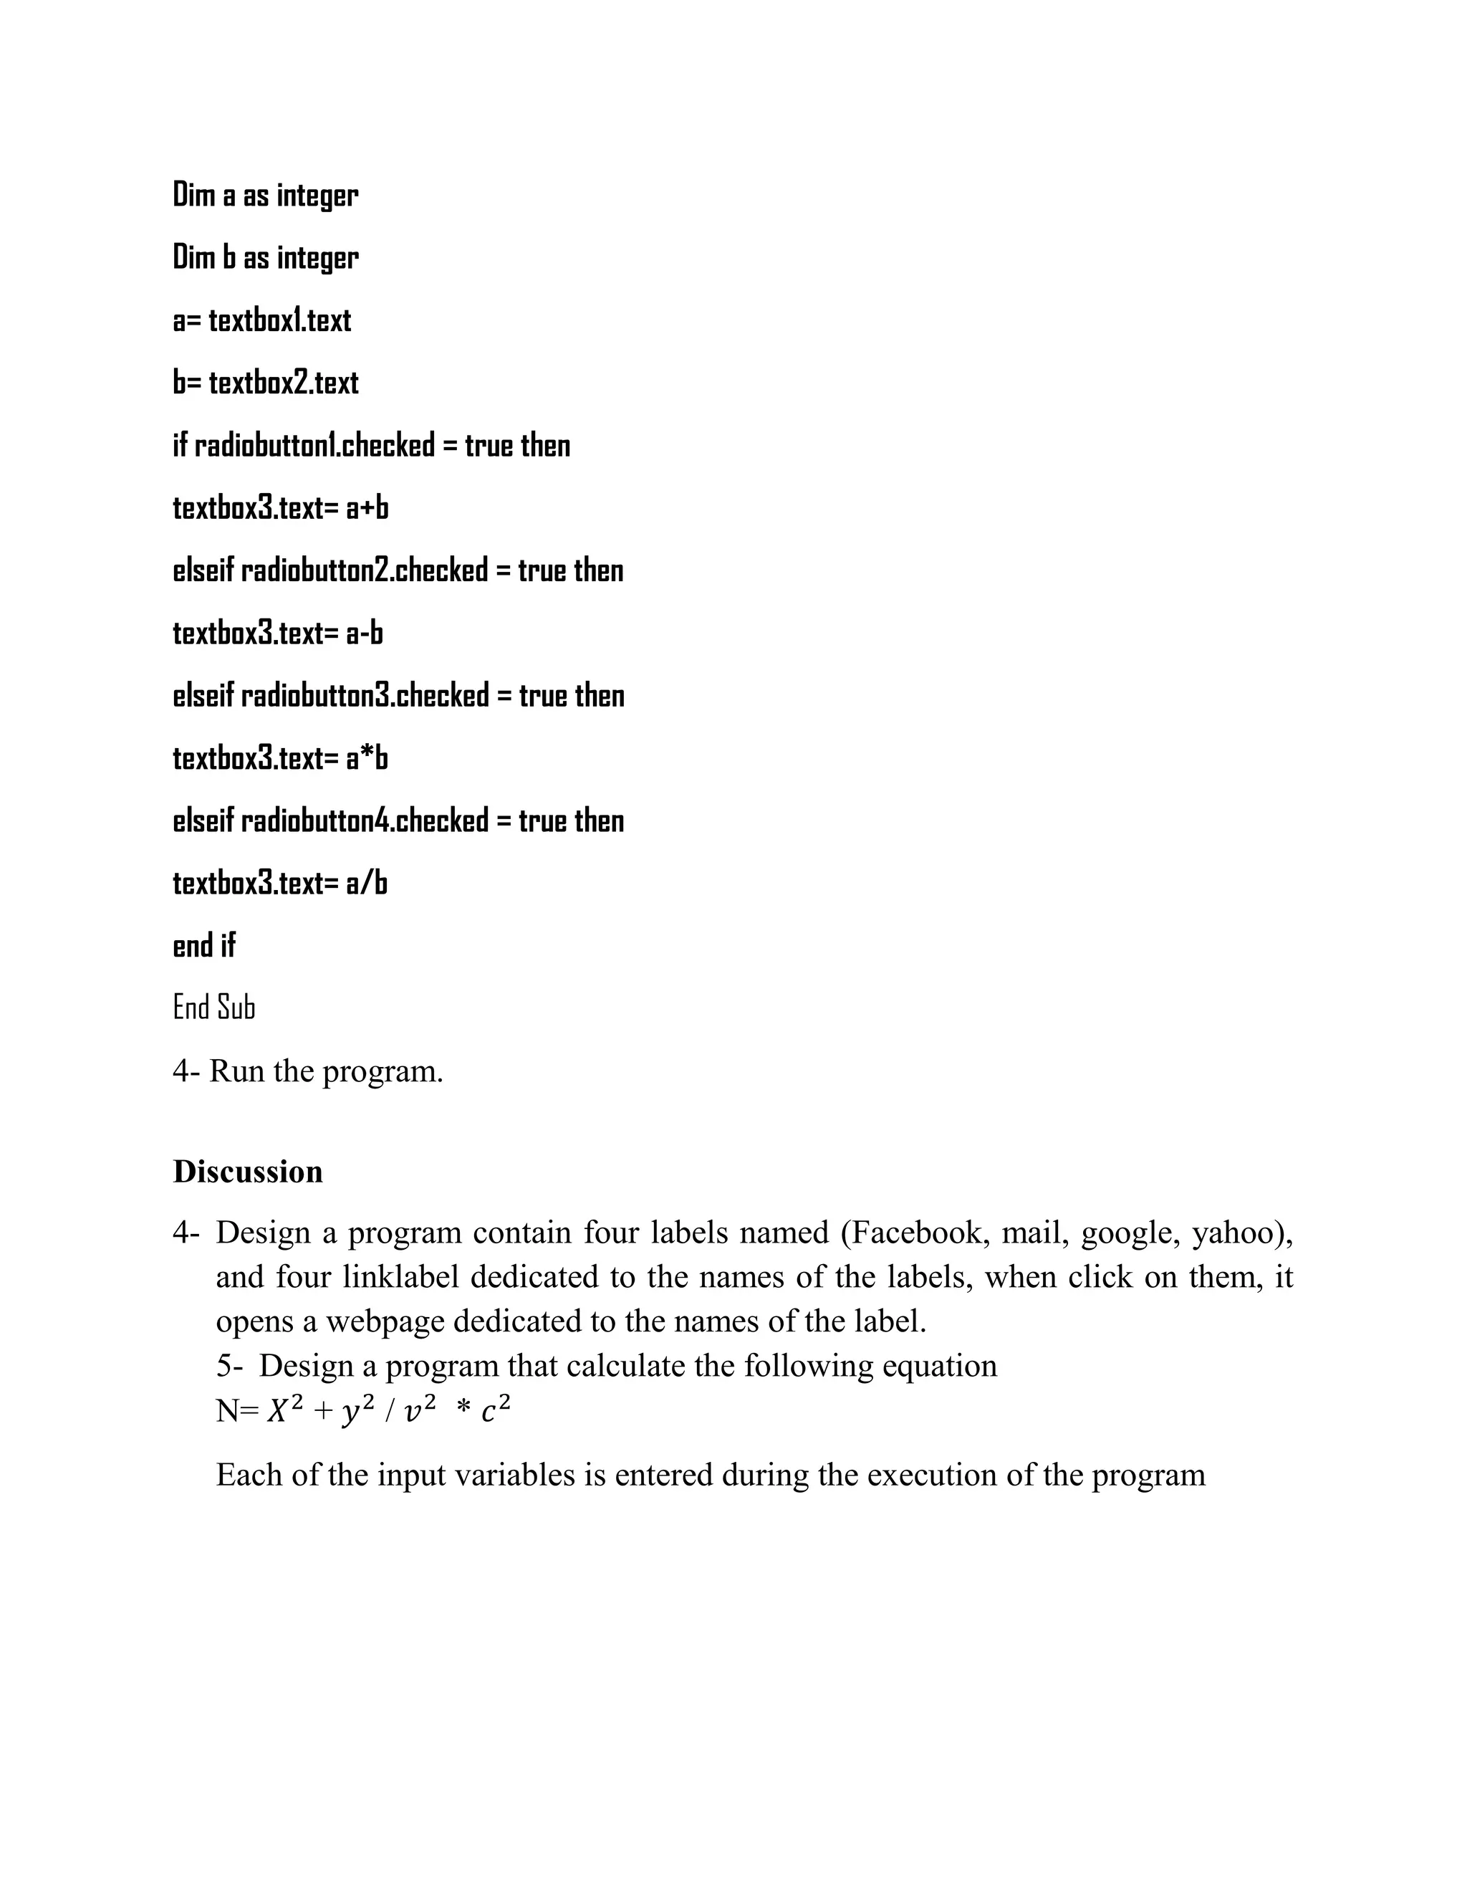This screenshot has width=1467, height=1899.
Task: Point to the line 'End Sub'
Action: tap(213, 1008)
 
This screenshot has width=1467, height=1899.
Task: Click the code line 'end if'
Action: tap(204, 945)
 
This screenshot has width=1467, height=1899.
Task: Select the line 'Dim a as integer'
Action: tap(265, 195)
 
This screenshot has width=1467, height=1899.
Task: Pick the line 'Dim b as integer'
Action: tap(265, 257)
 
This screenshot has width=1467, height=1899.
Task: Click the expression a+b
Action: tap(367, 508)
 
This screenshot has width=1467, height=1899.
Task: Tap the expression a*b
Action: tap(367, 758)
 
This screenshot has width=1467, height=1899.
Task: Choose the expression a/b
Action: tap(367, 884)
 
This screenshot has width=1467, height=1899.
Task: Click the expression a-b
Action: tap(364, 633)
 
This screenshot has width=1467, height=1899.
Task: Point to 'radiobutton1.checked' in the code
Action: tap(314, 445)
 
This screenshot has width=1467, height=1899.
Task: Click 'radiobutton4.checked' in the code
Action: tap(365, 821)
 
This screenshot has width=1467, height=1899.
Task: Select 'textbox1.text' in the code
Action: tap(280, 320)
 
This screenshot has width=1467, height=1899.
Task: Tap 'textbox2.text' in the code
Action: tap(284, 383)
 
